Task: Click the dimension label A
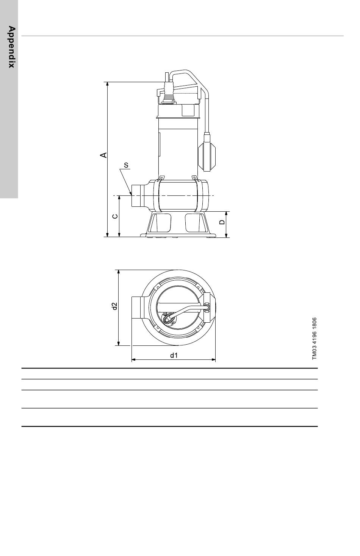[x=103, y=155]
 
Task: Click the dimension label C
[x=115, y=216]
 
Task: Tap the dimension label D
[x=222, y=222]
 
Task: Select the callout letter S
[x=126, y=165]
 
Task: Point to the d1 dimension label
[x=174, y=355]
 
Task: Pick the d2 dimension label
[x=114, y=306]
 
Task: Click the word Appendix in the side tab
[x=11, y=47]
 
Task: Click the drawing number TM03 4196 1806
[x=314, y=339]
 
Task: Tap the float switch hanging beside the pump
[x=207, y=152]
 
